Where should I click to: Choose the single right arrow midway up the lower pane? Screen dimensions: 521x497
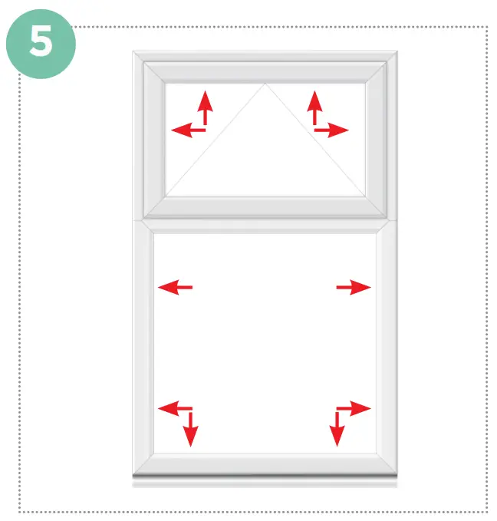[354, 288]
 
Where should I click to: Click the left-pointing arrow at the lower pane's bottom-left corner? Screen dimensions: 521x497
[173, 408]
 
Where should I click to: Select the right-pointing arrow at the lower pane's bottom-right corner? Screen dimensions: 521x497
[356, 408]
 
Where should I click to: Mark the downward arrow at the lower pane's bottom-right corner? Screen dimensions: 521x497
[337, 430]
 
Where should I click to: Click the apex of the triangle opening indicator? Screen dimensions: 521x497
[265, 84]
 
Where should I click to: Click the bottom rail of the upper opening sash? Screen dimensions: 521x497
[265, 208]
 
